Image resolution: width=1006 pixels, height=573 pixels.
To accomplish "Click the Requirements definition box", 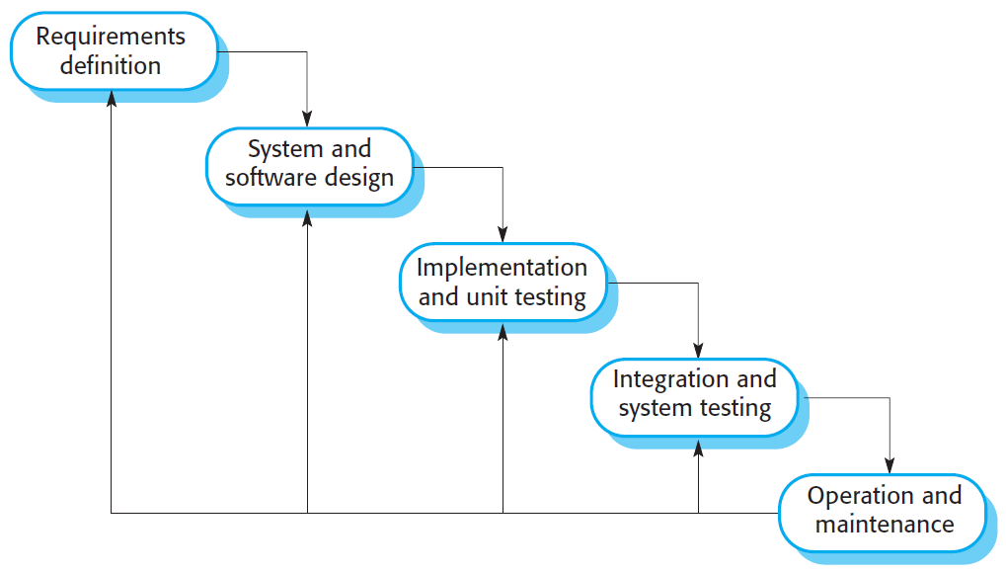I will pyautogui.click(x=113, y=51).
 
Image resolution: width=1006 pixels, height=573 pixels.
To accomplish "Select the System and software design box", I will pyautogui.click(x=309, y=164).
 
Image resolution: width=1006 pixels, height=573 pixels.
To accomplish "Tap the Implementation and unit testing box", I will pyautogui.click(x=502, y=282).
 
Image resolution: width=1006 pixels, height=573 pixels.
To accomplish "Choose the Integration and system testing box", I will pyautogui.click(x=694, y=393).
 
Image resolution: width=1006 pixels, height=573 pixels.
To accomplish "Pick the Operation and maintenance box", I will pyautogui.click(x=883, y=510).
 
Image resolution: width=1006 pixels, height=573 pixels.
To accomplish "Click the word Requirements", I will pyautogui.click(x=111, y=38).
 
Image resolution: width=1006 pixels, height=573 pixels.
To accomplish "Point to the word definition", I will pyautogui.click(x=111, y=66).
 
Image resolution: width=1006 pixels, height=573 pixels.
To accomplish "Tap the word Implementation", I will pyautogui.click(x=502, y=267).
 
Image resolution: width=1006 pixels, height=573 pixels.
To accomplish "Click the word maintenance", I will pyautogui.click(x=885, y=525).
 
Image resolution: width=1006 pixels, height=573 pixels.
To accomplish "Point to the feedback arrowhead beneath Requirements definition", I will pyautogui.click(x=112, y=98).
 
